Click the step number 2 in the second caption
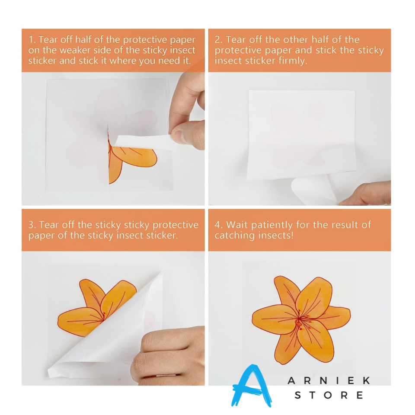click(x=218, y=40)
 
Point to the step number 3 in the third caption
click(x=31, y=225)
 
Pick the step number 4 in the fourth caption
click(x=218, y=225)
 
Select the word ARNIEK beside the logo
click(x=329, y=380)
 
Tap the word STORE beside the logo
click(x=329, y=395)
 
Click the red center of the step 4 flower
click(x=299, y=323)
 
